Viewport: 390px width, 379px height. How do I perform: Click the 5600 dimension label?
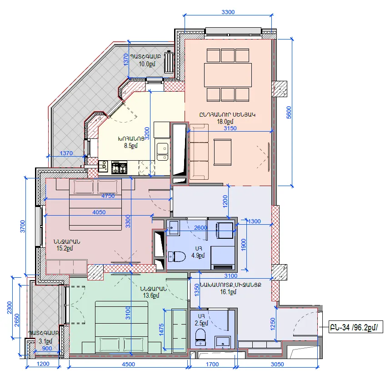(x=289, y=113)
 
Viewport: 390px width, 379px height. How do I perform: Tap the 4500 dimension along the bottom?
(x=128, y=364)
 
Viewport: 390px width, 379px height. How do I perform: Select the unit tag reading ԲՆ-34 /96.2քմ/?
(x=355, y=327)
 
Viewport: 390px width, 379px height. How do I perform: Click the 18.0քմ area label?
(x=225, y=122)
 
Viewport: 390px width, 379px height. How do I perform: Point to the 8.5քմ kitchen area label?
(x=131, y=146)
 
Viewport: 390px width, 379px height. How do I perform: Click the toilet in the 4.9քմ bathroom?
(x=177, y=256)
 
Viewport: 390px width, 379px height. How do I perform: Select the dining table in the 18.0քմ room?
(x=228, y=75)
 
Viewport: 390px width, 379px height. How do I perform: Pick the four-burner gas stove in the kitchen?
(x=119, y=167)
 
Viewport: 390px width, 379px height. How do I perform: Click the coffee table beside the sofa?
(x=222, y=152)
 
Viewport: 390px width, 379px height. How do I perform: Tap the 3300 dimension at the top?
(x=228, y=12)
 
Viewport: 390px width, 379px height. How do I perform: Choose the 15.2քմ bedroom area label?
(x=65, y=248)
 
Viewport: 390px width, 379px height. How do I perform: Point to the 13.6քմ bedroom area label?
(x=151, y=295)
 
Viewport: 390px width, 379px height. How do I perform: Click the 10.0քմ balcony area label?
(x=147, y=64)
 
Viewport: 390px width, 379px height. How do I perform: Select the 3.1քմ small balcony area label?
(x=46, y=341)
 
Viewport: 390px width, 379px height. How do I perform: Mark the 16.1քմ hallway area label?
(x=228, y=291)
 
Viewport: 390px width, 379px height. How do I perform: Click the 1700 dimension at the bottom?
(x=212, y=364)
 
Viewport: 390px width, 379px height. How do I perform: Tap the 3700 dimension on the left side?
(x=22, y=226)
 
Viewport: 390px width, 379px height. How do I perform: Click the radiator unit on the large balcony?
(x=169, y=62)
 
